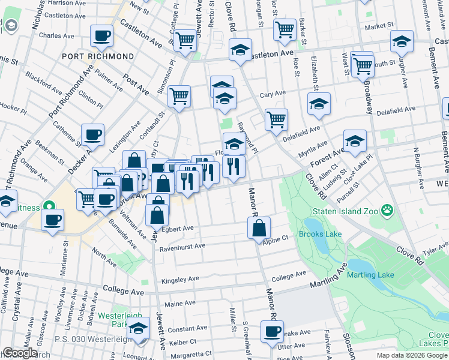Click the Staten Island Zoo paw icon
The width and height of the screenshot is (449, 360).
pyautogui.click(x=388, y=211)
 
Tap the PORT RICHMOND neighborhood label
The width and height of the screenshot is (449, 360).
pyautogui.click(x=98, y=56)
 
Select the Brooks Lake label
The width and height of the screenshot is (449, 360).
pyautogui.click(x=319, y=235)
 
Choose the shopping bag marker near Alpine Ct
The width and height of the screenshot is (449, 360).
pyautogui.click(x=259, y=228)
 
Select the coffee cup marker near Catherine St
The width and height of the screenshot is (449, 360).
pyautogui.click(x=93, y=136)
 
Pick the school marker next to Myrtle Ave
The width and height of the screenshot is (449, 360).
pyautogui.click(x=355, y=141)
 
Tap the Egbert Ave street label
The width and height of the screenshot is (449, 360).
pyautogui.click(x=177, y=229)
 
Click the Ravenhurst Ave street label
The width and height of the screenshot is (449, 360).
pyautogui.click(x=182, y=246)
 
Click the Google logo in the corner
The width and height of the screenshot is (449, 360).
pyautogui.click(x=20, y=353)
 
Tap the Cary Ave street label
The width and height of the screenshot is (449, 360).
pyautogui.click(x=273, y=95)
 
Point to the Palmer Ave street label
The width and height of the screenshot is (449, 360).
pyautogui.click(x=109, y=78)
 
